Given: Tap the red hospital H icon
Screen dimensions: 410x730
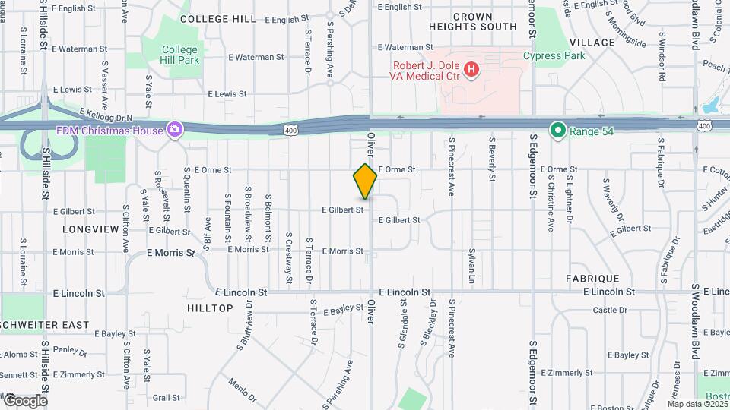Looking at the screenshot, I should [471, 71].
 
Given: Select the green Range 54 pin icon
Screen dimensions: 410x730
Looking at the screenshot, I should [558, 131].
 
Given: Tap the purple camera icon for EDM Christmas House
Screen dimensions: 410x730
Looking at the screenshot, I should [175, 130].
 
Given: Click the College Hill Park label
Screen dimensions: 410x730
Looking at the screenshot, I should [179, 55].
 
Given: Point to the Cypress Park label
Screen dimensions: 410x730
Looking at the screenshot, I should [554, 55].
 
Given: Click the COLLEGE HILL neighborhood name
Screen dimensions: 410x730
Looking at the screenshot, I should [217, 19].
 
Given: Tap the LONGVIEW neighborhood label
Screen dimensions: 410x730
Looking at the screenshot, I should [90, 229].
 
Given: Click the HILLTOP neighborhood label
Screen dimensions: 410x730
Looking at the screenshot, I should [210, 307].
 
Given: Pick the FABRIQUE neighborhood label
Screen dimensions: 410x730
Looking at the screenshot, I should [592, 279].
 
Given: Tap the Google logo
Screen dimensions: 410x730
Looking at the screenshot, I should [25, 400].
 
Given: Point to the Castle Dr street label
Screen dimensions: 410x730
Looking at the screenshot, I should [609, 310].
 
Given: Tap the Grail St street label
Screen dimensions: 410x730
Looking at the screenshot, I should [166, 397].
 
